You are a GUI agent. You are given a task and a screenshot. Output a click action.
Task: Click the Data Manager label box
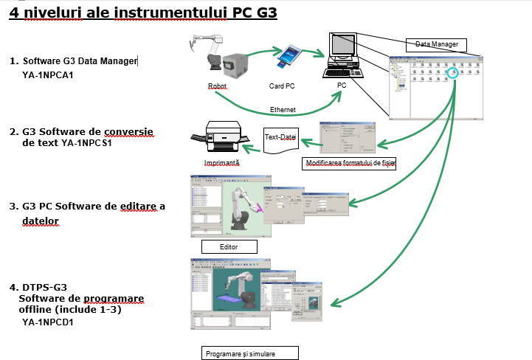point(437,44)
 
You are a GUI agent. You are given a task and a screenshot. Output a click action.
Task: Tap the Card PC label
point(280,86)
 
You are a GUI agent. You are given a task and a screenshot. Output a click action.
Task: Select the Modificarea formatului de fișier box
point(350,163)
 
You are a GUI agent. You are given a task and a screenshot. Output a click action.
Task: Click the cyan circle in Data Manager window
point(454,73)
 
